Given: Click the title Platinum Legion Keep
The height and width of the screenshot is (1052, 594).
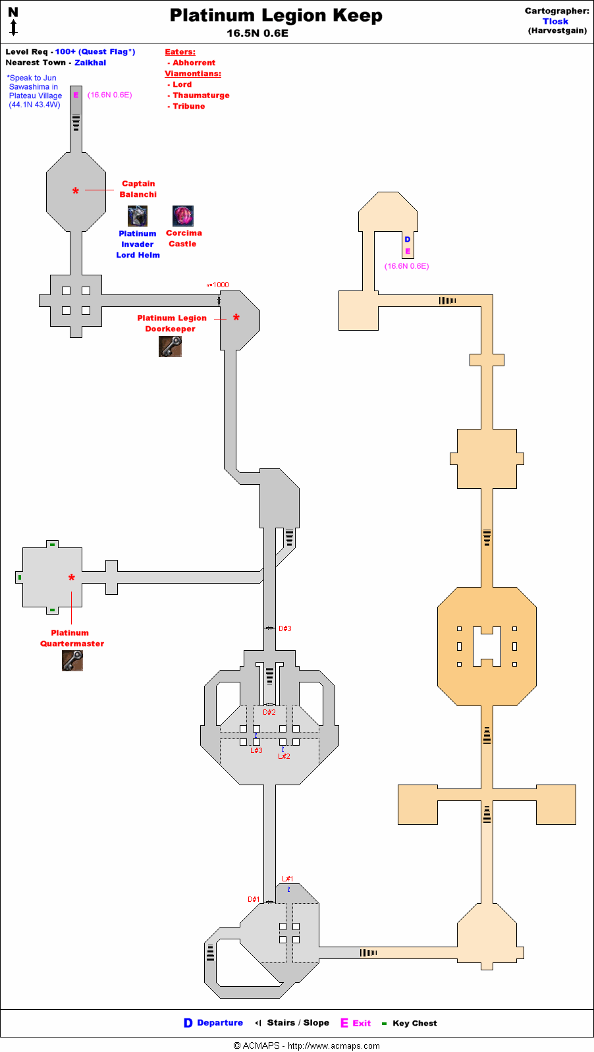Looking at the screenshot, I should (276, 16).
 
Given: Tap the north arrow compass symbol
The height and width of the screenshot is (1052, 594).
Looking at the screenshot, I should (13, 21).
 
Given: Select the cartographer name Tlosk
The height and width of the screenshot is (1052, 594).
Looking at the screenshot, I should (555, 21).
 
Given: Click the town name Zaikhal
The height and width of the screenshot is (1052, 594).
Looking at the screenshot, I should (90, 63).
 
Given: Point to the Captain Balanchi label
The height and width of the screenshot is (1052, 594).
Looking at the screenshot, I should (138, 189).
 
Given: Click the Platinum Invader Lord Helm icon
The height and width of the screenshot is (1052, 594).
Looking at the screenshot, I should (137, 215).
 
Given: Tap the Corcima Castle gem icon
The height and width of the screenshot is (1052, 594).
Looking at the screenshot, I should (183, 215).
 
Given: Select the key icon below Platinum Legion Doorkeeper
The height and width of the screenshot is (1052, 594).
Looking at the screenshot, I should (170, 346).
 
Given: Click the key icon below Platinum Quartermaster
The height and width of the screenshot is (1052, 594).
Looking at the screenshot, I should (72, 660).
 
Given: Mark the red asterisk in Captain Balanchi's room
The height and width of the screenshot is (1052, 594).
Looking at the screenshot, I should (76, 192).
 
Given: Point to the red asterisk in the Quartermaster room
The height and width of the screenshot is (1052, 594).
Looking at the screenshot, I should (72, 578).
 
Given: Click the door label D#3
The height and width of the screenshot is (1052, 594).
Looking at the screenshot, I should (285, 628).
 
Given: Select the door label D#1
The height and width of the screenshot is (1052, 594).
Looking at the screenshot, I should (254, 899).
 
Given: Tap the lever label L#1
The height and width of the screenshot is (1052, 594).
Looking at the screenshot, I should (288, 879).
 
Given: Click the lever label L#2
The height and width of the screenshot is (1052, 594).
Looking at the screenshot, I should (284, 756).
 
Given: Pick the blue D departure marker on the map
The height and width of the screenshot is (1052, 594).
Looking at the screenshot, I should (408, 239).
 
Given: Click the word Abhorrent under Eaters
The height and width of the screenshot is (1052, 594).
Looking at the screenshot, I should (194, 63).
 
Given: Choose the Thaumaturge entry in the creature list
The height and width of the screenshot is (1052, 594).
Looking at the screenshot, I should (201, 96).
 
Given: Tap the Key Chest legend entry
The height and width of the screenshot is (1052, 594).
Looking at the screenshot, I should (414, 1023).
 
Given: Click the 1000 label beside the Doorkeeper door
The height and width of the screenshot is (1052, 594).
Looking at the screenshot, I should (221, 285).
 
